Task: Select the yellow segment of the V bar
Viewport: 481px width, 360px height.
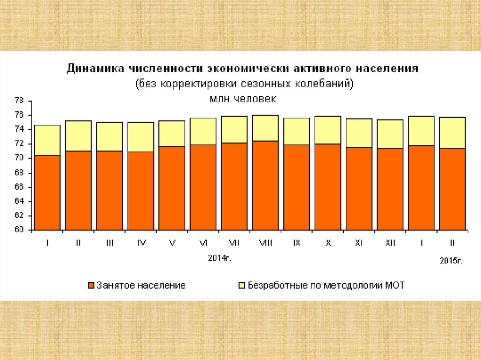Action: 172,133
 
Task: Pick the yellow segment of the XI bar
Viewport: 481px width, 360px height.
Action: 359,133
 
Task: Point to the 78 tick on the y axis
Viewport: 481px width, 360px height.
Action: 19,101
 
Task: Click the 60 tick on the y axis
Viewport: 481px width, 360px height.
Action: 19,230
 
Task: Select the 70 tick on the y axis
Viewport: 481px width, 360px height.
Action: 19,159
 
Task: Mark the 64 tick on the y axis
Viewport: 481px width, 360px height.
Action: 19,202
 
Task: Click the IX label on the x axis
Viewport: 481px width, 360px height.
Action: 297,243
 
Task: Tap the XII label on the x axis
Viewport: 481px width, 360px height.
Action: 390,243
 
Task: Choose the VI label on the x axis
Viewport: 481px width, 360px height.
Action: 203,243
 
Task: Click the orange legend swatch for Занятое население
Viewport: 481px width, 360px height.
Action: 91,285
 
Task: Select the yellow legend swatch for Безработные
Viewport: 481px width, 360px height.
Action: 242,285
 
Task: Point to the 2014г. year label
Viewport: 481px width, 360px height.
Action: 220,258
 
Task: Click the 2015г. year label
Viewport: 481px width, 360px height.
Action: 451,261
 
